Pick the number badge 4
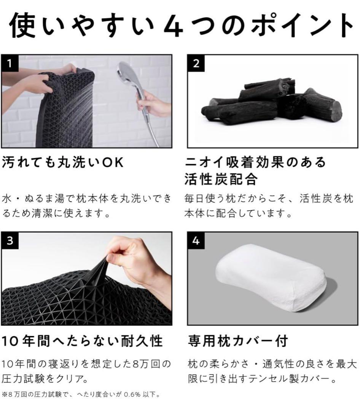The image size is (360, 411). [x=196, y=241]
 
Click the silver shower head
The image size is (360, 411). [x=128, y=72]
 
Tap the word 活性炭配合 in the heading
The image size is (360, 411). [x=221, y=179]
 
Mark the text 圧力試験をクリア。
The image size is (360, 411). [x=46, y=379]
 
